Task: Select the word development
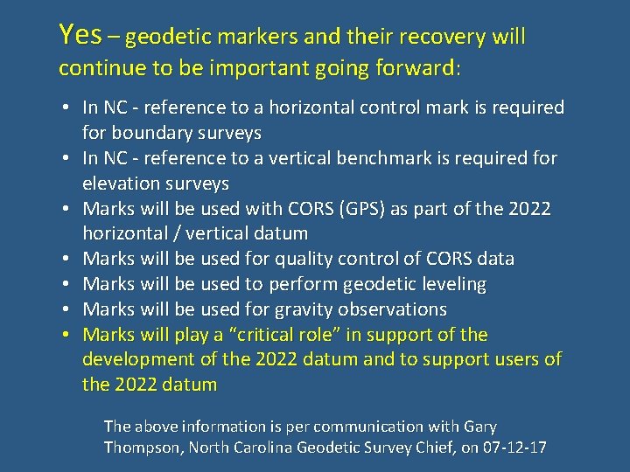tap(139, 360)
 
